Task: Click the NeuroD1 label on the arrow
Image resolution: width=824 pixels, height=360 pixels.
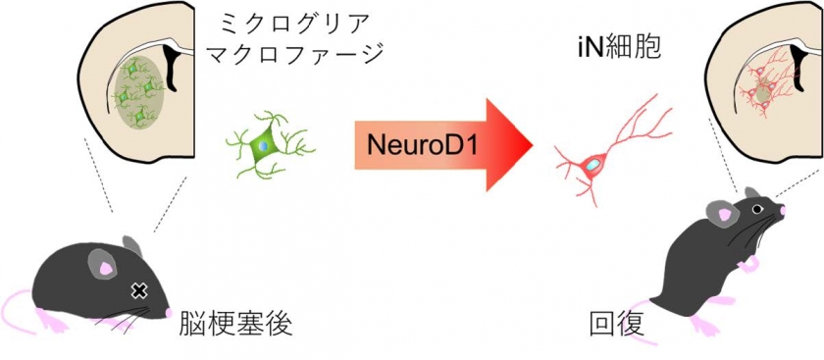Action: pos(423,145)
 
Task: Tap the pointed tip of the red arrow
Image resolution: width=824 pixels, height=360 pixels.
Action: pos(533,144)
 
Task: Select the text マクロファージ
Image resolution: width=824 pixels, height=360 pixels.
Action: pos(294,53)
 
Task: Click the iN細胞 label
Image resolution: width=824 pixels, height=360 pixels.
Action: pos(617,48)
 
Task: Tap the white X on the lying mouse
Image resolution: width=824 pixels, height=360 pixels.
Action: pos(138,290)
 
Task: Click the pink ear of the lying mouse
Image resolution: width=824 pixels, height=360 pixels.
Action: pos(107,268)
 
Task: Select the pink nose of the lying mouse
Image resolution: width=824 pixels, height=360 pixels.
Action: pos(168,312)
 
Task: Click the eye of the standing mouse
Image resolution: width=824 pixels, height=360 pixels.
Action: pos(756,209)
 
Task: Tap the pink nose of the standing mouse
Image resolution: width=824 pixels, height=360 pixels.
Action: pos(782,210)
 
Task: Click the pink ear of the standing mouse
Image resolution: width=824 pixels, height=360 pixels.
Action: pos(725,215)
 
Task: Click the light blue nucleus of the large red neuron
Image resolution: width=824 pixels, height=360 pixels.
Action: pos(592,165)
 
